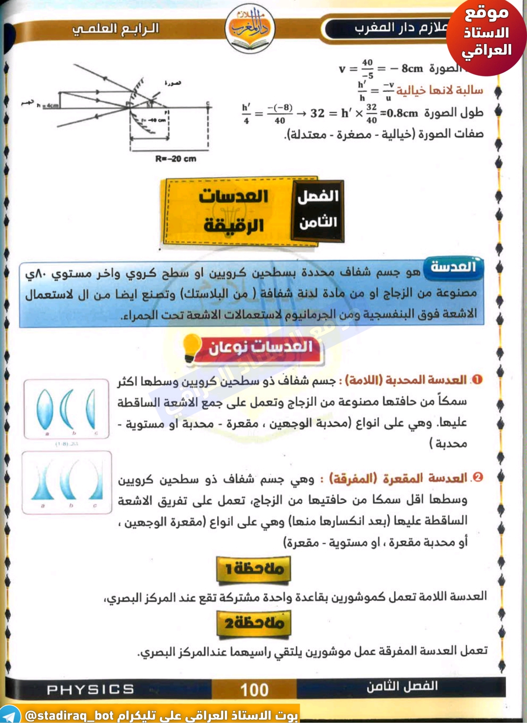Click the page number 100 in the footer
pos(254,690)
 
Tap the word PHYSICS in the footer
pos(90,689)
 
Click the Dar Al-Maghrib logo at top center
pos(249,29)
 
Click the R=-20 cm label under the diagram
pos(176,159)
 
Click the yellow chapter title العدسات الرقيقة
pos(234,211)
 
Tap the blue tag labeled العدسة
pos(453,267)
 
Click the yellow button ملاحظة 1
pos(254,568)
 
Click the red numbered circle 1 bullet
pos(477,380)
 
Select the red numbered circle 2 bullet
pos(478,477)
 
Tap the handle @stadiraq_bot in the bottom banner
pos(70,715)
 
